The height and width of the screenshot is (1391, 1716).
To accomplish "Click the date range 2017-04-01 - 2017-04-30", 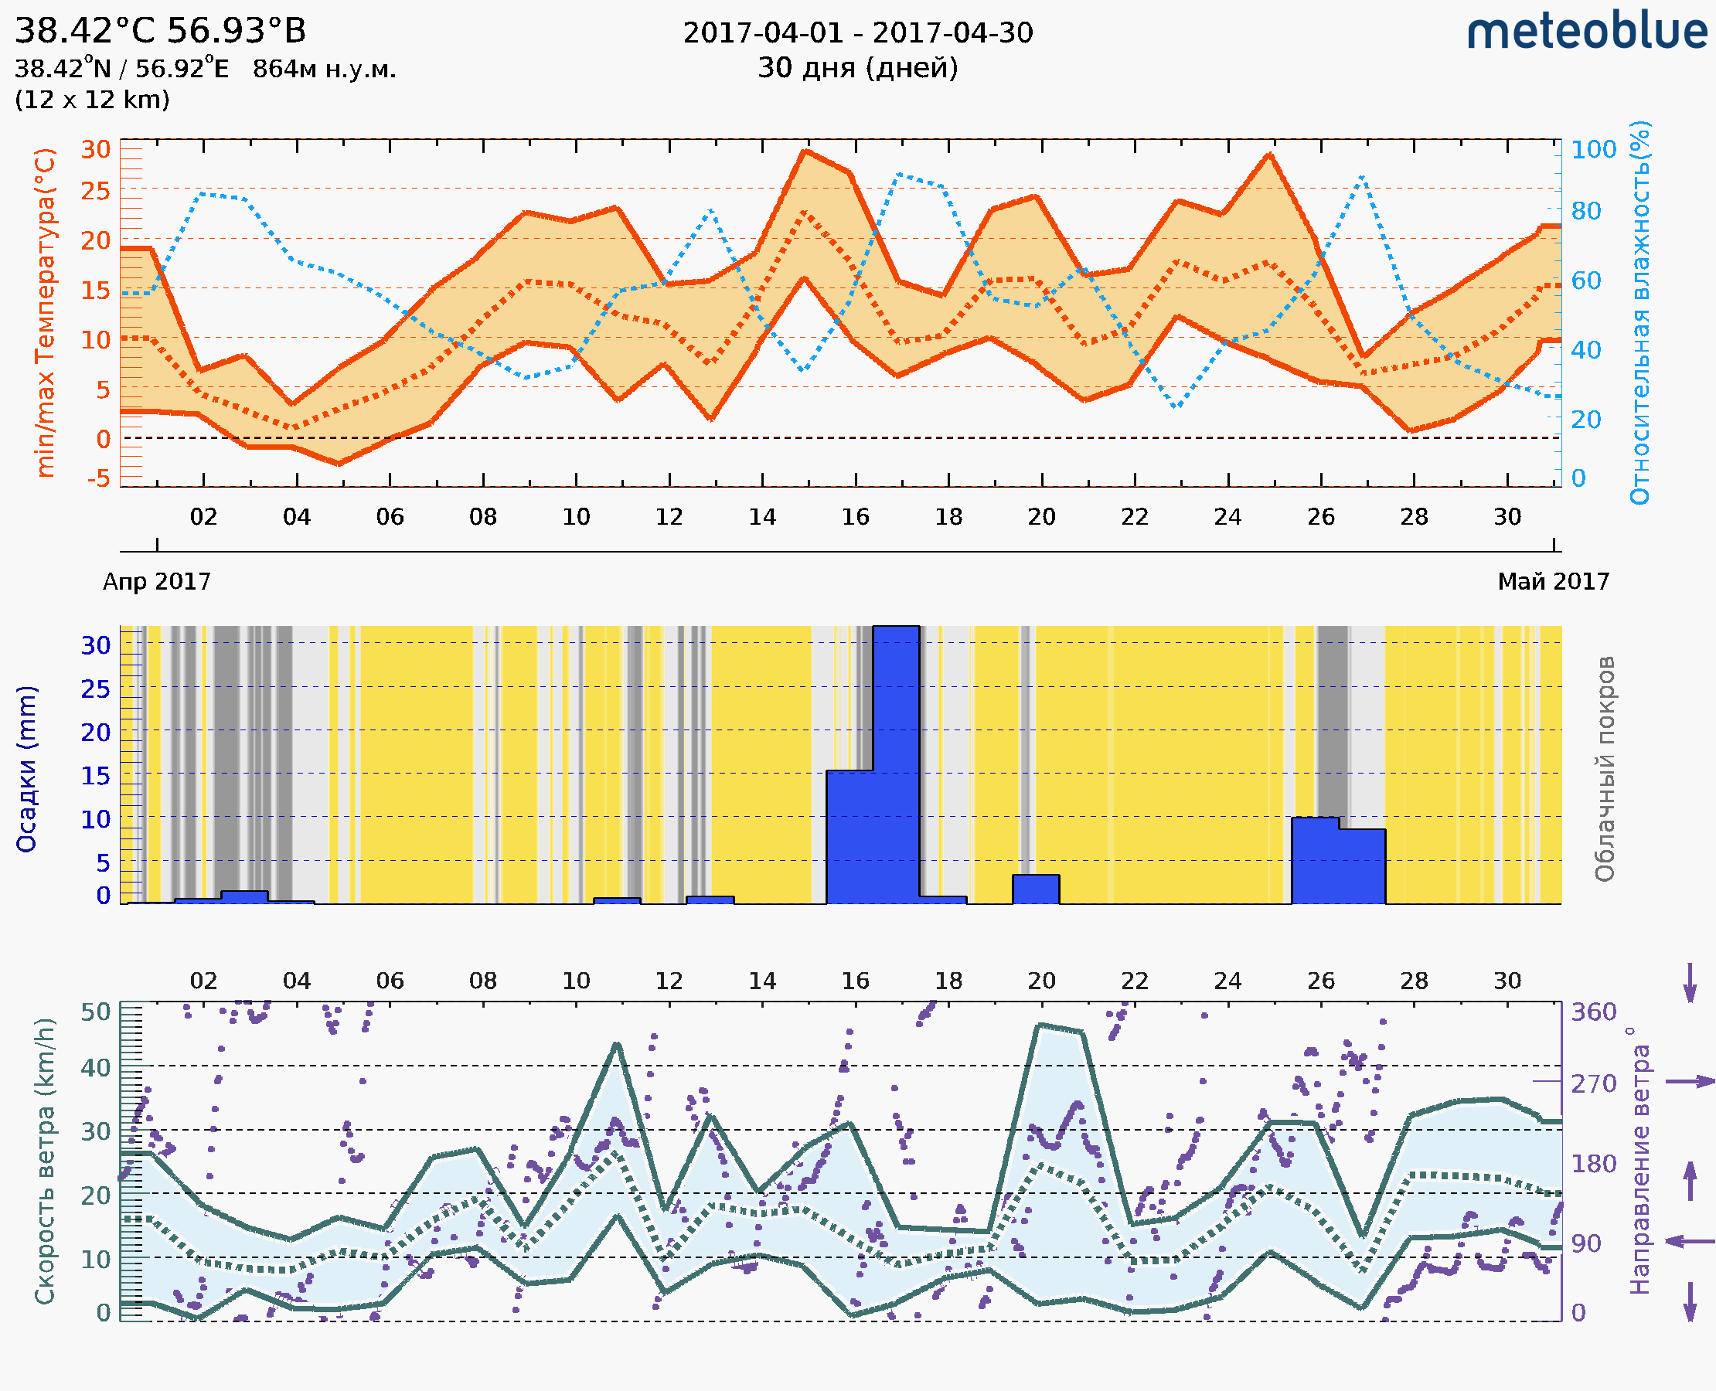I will click(x=857, y=33).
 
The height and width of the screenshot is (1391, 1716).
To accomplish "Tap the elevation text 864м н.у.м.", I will click(x=325, y=70).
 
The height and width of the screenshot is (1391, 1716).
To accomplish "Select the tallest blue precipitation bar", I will click(x=895, y=765).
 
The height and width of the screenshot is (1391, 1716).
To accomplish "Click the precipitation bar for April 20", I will click(x=1036, y=889).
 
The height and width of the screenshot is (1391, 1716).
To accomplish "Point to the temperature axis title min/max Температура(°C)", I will click(x=46, y=312).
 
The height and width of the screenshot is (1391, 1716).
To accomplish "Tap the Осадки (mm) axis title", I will click(x=26, y=769).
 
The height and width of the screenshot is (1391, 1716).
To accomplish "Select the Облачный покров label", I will click(x=1604, y=769).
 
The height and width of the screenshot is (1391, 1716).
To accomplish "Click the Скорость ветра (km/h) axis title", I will click(x=45, y=1161).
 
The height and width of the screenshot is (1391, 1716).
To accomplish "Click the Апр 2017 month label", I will click(x=157, y=582).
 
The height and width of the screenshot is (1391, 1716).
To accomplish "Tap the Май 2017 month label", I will click(x=1554, y=582).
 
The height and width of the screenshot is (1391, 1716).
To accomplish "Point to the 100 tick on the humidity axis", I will click(x=1593, y=150).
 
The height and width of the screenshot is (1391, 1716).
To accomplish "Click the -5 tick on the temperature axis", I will click(x=99, y=479).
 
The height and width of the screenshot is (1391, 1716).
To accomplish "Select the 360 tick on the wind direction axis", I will click(x=1593, y=1012).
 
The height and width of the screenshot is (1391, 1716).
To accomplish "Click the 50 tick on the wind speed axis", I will click(x=96, y=1012).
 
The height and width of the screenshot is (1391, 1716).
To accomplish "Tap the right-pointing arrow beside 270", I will click(x=1690, y=1082).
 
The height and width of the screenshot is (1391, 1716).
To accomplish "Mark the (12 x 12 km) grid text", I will click(x=92, y=100).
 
